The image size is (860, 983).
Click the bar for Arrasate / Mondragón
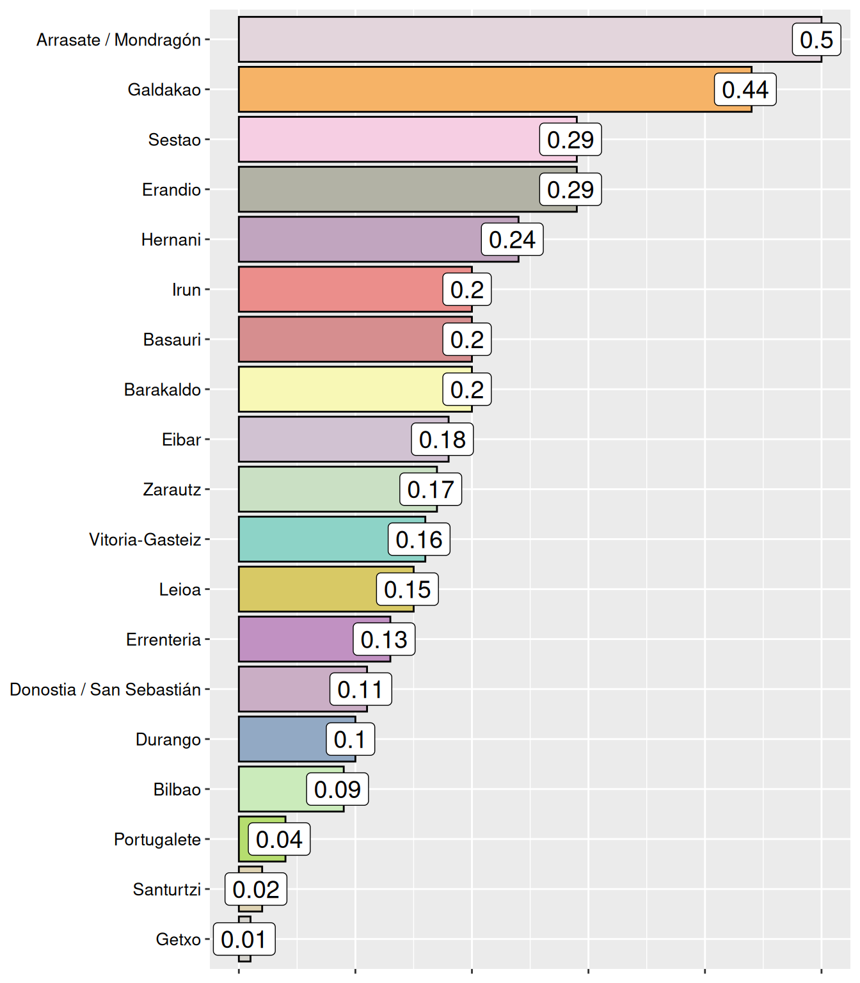click(512, 40)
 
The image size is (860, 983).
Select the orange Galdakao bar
click(474, 90)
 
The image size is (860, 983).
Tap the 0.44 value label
click(745, 90)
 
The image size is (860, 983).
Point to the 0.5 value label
click(816, 40)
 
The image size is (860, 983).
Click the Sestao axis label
click(174, 140)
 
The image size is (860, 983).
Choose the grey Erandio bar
click(384, 189)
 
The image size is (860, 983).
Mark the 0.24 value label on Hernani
click(512, 239)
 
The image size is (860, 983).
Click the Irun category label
click(186, 290)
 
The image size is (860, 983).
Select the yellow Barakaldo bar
click(339, 389)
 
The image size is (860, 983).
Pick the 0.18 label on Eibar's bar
click(442, 440)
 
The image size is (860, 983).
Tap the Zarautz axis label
click(171, 490)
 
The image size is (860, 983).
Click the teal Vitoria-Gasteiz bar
click(314, 539)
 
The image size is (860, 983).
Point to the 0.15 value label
click(408, 589)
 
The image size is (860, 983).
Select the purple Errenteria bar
click(294, 639)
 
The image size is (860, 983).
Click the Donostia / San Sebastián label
click(105, 689)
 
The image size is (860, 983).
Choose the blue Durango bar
click(282, 739)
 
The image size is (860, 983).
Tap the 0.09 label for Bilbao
click(337, 790)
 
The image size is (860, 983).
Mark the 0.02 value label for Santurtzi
click(256, 890)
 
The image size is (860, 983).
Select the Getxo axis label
click(178, 939)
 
